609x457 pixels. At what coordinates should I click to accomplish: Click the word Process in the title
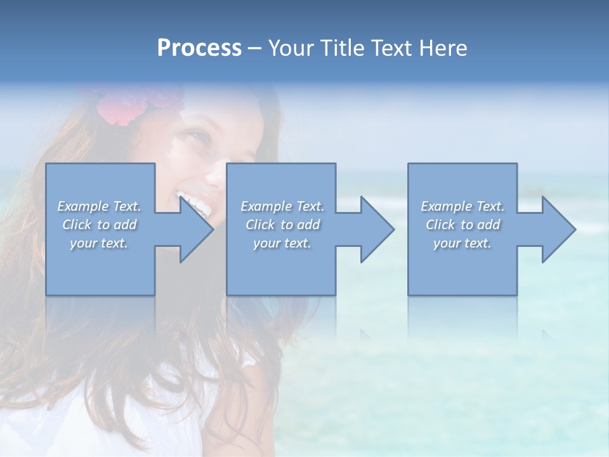199,48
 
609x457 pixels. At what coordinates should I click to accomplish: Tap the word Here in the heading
443,48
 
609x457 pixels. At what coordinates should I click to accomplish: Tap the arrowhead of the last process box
558,229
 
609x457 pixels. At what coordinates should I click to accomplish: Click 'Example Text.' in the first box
99,206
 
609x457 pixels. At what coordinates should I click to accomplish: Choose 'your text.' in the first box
99,243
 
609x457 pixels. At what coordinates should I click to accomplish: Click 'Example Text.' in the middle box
282,206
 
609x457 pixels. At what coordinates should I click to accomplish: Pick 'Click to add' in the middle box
282,225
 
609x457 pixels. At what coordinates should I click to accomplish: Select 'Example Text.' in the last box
462,206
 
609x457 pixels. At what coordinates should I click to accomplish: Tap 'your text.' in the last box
462,243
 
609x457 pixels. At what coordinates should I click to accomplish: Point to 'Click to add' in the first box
99,225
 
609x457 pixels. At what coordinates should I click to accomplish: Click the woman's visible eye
199,135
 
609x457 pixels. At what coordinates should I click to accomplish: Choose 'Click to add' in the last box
462,225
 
